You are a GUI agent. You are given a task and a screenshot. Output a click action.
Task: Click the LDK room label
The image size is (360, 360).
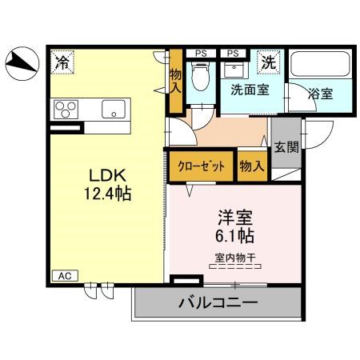point(105,175)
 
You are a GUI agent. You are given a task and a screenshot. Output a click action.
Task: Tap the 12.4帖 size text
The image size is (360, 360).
point(105,194)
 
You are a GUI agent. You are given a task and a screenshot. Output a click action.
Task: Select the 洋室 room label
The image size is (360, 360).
point(234,216)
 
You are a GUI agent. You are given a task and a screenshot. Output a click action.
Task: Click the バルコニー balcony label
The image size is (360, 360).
point(218,304)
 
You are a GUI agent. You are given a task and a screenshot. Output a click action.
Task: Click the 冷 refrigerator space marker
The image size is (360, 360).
point(62,60)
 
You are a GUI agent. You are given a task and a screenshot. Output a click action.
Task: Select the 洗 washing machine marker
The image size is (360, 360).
point(270,61)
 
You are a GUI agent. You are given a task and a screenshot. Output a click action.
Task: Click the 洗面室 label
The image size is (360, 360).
point(250,90)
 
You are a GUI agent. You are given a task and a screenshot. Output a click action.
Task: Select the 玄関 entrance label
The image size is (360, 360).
point(286,146)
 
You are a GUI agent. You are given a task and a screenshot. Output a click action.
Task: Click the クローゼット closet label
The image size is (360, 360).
point(201,166)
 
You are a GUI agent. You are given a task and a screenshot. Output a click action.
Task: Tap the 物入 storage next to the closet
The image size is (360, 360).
point(252,166)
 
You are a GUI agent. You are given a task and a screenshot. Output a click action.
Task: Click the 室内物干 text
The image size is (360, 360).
point(234,257)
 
